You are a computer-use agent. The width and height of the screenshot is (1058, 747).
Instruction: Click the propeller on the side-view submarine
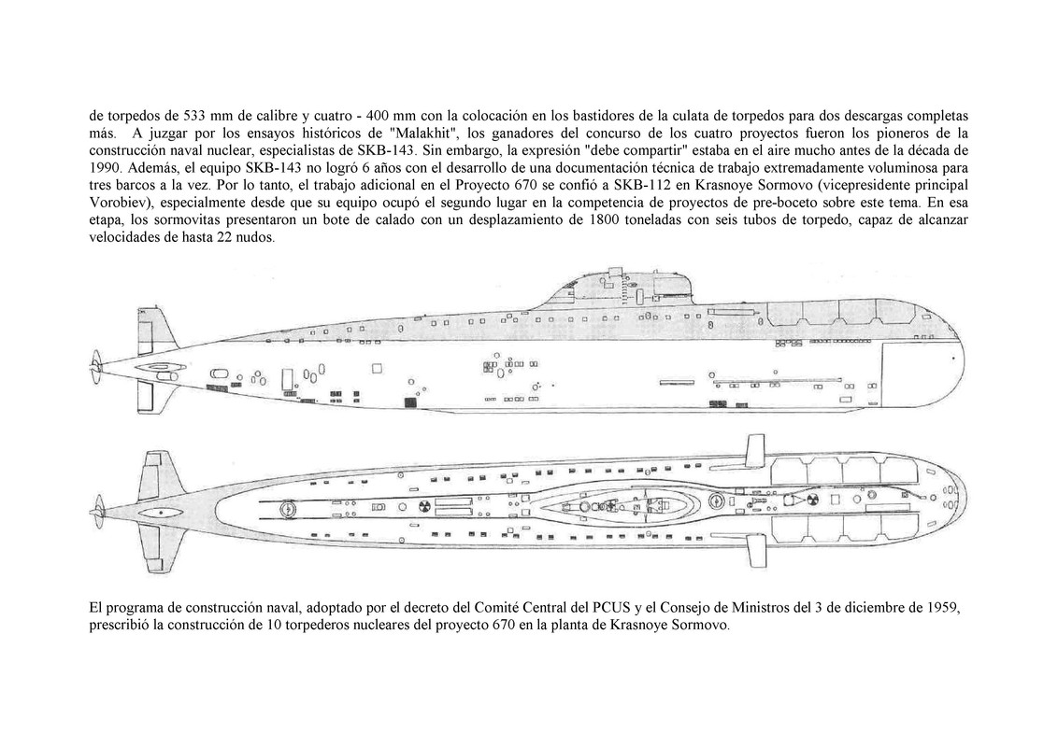coord(96,359)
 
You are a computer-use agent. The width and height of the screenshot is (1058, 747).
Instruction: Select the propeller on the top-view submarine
coord(97,511)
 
